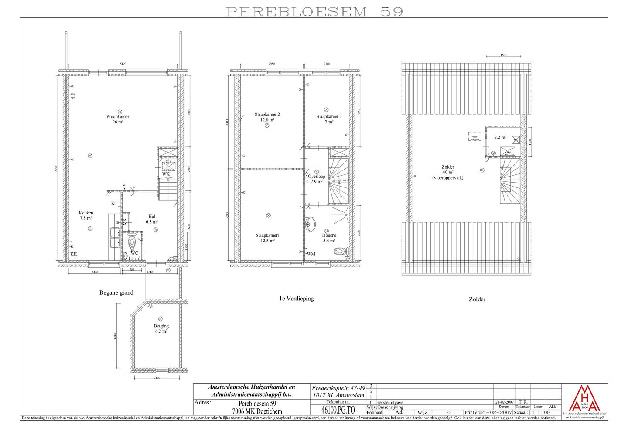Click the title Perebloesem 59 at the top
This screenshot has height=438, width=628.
314,12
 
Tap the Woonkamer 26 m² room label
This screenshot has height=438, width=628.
118,119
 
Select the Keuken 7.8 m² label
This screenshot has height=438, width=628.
86,215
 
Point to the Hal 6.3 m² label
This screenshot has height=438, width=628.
152,219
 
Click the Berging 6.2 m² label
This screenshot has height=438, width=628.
161,328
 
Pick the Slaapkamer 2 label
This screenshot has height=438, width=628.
267,117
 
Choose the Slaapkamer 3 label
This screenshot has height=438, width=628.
329,119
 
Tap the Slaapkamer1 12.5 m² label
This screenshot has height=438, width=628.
267,238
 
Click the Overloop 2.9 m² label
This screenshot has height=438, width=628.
317,179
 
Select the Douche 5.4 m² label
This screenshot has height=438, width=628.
329,238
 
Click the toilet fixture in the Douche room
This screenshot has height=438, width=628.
339,251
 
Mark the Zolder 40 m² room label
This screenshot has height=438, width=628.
448,172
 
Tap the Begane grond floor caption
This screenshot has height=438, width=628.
116,293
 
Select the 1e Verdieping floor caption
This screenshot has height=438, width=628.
297,299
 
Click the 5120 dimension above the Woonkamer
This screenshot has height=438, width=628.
123,64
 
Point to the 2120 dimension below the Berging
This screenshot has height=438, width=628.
157,377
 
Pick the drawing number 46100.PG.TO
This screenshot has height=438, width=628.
338,410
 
